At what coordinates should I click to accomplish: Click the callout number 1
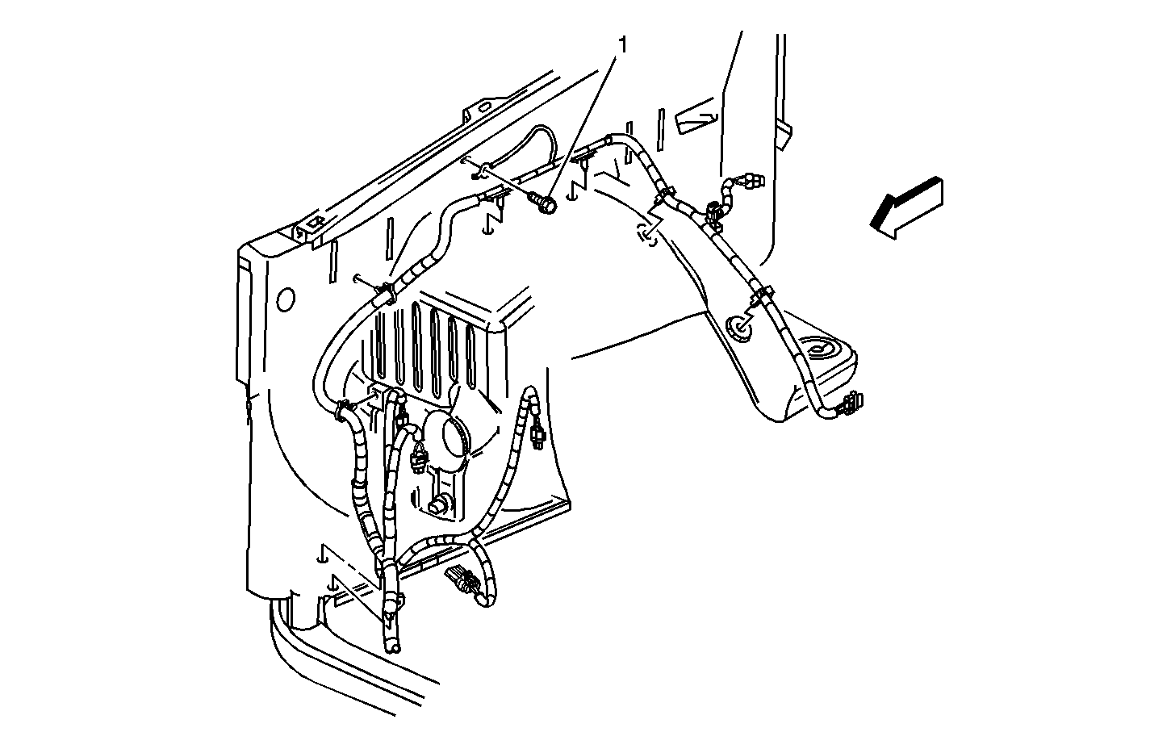pos(623,46)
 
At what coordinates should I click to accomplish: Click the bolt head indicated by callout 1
pos(547,206)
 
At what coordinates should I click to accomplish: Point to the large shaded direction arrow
pos(906,208)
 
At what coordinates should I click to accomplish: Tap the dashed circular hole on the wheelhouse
pos(646,235)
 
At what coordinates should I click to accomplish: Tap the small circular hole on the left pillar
pos(286,299)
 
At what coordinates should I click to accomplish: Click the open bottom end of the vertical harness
pos(393,648)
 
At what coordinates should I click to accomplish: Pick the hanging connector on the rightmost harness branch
pos(538,433)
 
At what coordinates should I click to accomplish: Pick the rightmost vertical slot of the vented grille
pos(470,354)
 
